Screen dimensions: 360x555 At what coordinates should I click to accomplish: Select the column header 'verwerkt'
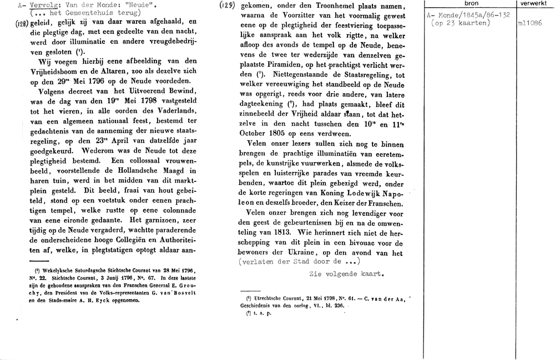[x=534, y=4]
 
